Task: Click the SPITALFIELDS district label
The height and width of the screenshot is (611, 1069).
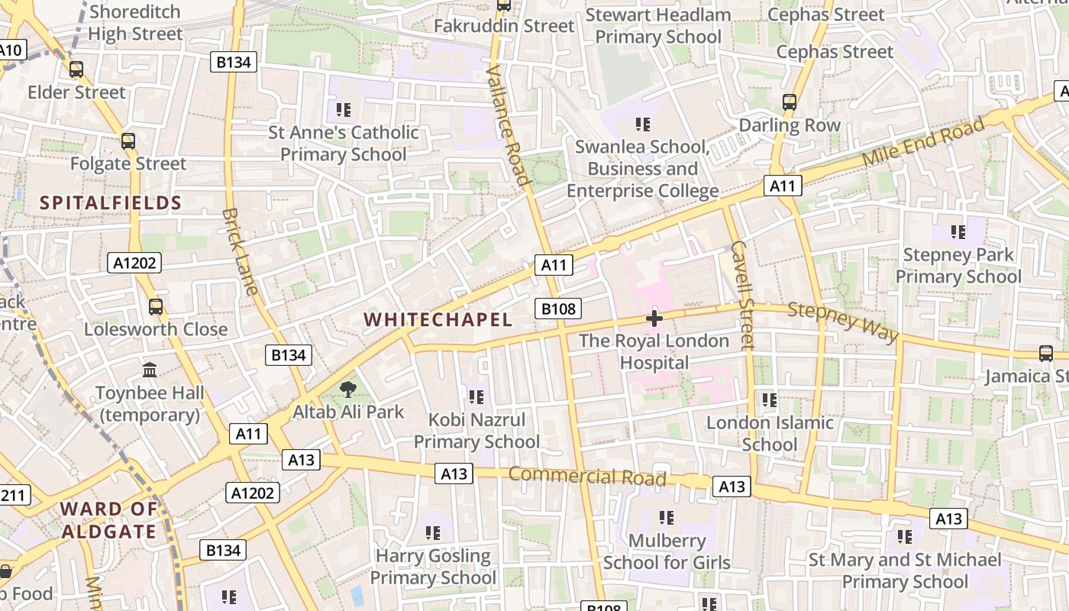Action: click(x=111, y=203)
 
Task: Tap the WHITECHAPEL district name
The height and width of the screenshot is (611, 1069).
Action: click(x=438, y=319)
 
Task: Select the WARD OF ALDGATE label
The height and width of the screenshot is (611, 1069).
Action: click(x=109, y=520)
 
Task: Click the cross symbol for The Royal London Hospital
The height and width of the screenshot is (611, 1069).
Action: click(x=654, y=318)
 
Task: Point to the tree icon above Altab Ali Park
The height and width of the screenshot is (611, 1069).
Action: click(x=348, y=390)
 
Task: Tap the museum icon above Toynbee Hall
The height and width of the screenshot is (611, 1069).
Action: click(x=150, y=370)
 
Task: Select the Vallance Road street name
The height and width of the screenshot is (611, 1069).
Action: click(x=508, y=126)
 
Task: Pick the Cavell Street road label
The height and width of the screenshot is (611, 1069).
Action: click(x=742, y=295)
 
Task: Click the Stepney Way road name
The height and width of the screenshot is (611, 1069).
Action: click(x=843, y=322)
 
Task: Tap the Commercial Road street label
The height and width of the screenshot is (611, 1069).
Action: click(x=587, y=477)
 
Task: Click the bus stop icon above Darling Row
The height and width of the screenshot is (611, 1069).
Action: click(x=790, y=102)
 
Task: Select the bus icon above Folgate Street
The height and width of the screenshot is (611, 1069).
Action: click(x=128, y=141)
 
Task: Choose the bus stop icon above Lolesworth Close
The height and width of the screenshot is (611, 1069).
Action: click(x=156, y=306)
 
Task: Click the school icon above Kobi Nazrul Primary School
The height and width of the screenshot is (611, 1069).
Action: click(x=476, y=396)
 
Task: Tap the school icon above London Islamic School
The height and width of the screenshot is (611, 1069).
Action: click(x=770, y=399)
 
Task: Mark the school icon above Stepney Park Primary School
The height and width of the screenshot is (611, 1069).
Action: click(x=958, y=231)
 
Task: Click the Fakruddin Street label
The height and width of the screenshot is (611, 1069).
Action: click(x=504, y=26)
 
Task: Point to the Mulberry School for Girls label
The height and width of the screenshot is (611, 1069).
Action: click(x=667, y=551)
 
